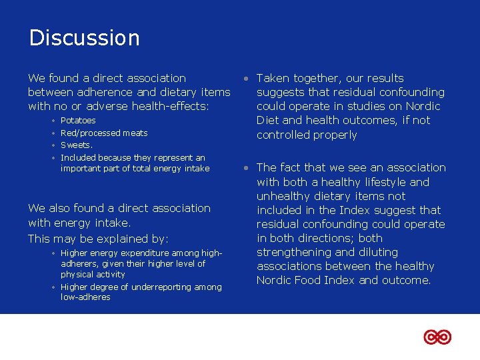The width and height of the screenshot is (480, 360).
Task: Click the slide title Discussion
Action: click(84, 37)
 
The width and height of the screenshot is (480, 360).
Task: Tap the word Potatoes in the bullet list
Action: click(78, 121)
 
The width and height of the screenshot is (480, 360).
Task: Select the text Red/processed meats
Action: click(104, 133)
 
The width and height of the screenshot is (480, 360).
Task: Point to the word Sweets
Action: click(76, 145)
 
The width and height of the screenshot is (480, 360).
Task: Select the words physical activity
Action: click(93, 275)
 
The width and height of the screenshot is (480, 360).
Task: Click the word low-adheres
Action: click(85, 297)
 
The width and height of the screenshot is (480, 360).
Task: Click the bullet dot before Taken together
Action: click(247, 79)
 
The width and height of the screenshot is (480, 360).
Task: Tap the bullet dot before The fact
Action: click(247, 168)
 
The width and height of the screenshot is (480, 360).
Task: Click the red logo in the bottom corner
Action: click(437, 337)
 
